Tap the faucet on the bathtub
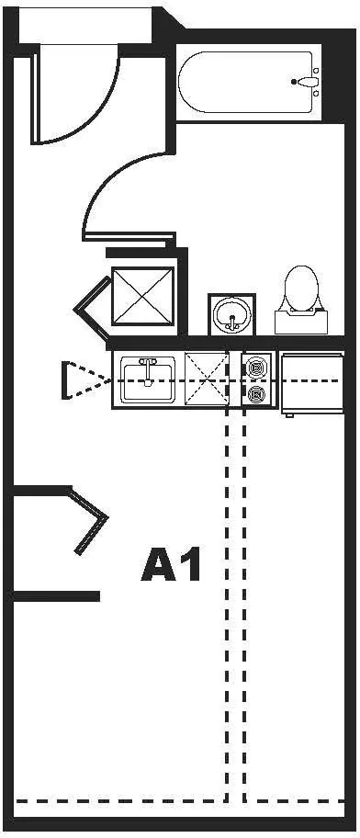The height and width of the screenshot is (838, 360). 307,82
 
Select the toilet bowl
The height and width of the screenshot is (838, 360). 302,288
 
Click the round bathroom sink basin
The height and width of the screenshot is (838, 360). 231,313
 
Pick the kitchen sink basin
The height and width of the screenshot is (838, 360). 148,380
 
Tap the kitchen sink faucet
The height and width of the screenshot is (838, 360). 148,371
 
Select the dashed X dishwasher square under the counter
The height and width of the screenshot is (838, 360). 207,380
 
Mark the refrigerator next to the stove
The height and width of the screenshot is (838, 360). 312,382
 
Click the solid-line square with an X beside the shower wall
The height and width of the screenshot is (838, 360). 143,296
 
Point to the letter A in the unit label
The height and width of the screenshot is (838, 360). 159,565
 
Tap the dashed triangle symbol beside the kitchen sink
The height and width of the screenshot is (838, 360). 85,380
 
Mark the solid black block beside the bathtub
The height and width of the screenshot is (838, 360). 334,81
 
